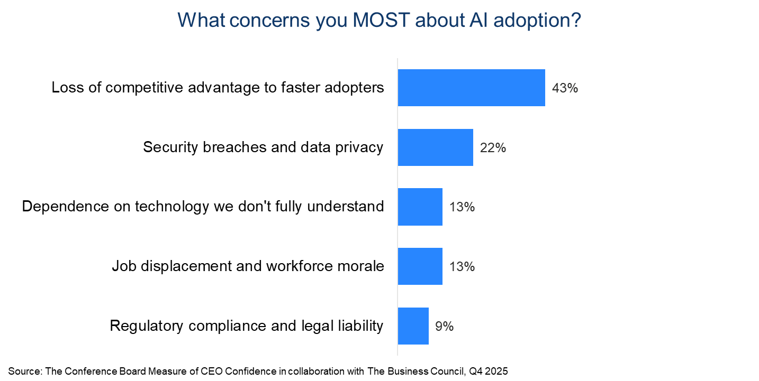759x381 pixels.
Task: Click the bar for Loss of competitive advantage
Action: [471, 88]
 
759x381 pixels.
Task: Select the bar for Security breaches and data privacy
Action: [435, 147]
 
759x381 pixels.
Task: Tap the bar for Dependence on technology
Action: [420, 207]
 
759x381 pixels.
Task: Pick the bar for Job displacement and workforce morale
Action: [420, 266]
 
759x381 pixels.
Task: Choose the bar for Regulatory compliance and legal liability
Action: [413, 326]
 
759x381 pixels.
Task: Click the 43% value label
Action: [565, 88]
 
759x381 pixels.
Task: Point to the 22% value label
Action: [493, 148]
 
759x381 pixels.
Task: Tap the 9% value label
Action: [444, 327]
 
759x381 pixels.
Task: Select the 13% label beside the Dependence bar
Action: [462, 207]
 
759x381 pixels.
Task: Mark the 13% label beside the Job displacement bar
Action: [462, 267]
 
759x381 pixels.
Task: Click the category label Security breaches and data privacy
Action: [263, 147]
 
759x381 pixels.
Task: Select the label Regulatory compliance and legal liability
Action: [246, 326]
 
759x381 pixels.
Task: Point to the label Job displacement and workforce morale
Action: [248, 266]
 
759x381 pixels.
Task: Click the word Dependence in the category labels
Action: [63, 207]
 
